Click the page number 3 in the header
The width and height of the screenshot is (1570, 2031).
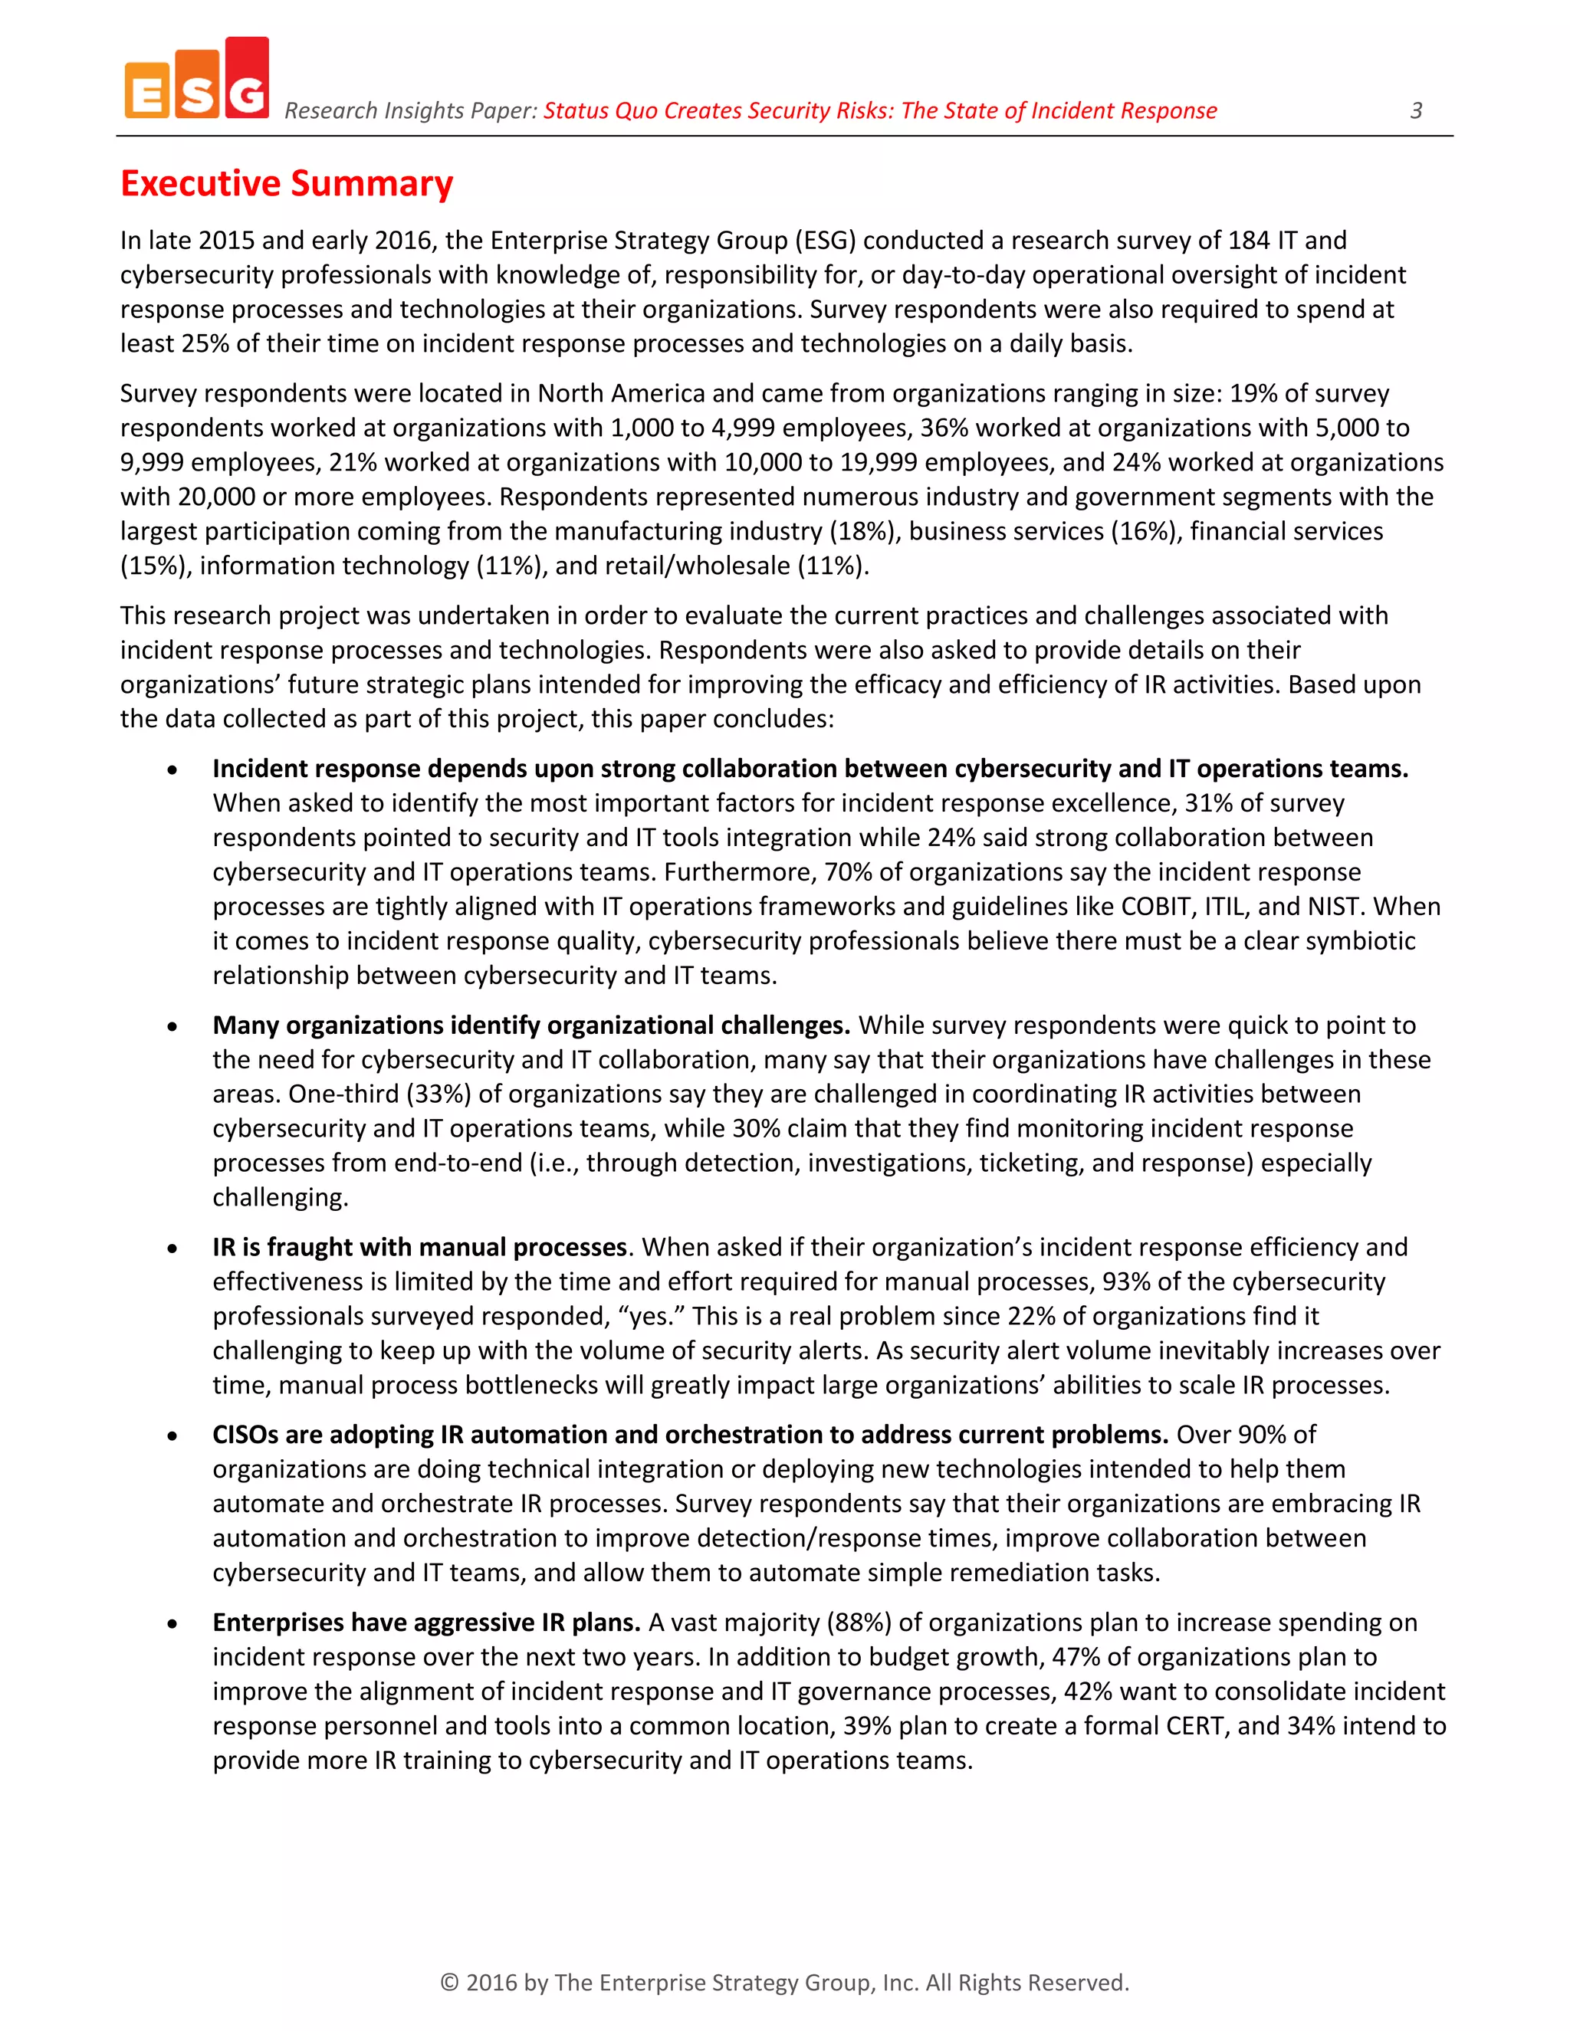tap(1416, 110)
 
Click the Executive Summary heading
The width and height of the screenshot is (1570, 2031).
tap(287, 183)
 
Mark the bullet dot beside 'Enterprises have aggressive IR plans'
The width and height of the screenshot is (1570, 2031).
tap(172, 1625)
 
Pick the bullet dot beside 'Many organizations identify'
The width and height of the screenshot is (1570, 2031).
tap(172, 1028)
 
